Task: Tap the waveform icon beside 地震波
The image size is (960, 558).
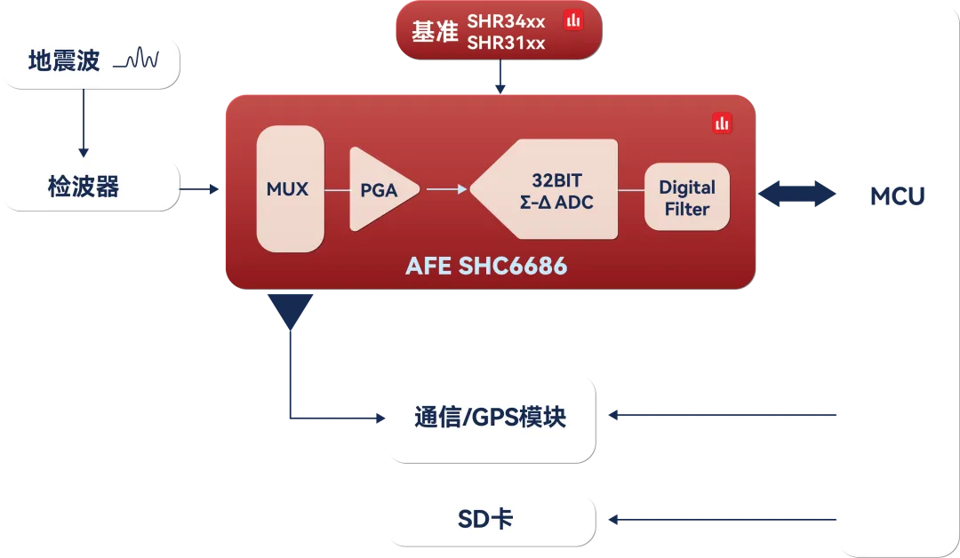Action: click(x=140, y=60)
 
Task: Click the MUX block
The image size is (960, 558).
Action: click(x=289, y=188)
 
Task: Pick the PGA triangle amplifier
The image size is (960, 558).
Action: click(x=380, y=189)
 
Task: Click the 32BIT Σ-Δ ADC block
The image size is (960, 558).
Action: click(x=551, y=189)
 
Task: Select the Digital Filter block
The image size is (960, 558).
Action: click(x=687, y=197)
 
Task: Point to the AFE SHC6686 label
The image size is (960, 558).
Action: click(x=486, y=266)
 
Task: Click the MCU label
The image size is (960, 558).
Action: click(x=897, y=196)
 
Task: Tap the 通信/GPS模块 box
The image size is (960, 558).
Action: click(x=490, y=416)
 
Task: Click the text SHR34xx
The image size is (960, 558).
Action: click(x=506, y=21)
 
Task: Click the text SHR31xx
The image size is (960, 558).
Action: click(x=506, y=43)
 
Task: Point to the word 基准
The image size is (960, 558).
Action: click(x=434, y=32)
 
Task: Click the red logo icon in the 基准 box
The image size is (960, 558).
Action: click(x=573, y=20)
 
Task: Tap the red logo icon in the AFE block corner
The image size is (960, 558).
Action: click(x=721, y=124)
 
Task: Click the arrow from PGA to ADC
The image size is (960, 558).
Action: click(x=446, y=188)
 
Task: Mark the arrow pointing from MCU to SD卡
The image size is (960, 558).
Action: click(x=720, y=519)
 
